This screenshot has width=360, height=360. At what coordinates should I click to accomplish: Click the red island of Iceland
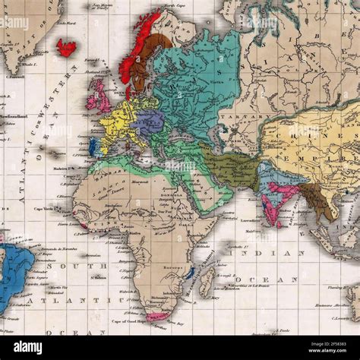tap(67, 48)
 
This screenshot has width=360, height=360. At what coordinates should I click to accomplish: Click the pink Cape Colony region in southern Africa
tap(157, 316)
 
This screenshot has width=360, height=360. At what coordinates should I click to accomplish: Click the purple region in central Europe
tap(150, 121)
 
